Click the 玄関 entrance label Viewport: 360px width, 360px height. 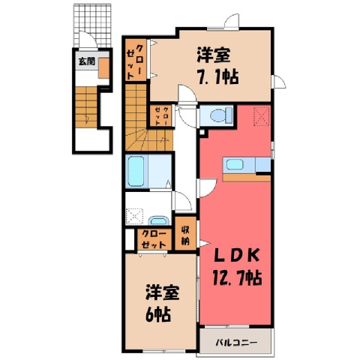pos(86,61)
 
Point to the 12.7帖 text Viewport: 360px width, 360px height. pos(236,277)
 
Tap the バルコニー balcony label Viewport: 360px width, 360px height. pos(236,342)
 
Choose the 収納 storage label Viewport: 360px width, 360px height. pos(185,235)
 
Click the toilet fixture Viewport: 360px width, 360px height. pos(221,115)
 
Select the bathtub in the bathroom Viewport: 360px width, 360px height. pos(136,171)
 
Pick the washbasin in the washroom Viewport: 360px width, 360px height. pos(158,220)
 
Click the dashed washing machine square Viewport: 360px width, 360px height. pos(134,217)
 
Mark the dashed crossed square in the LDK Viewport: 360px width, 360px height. pos(261,116)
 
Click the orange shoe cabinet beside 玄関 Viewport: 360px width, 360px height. pos(103,68)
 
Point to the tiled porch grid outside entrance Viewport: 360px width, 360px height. pos(92,25)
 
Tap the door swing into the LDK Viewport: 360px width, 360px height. pos(206,188)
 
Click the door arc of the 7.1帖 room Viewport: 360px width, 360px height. pos(187,93)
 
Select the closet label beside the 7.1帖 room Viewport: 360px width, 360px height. pos(135,61)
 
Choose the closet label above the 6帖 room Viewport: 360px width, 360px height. pos(154,239)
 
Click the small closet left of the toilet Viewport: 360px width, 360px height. pos(161,116)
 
